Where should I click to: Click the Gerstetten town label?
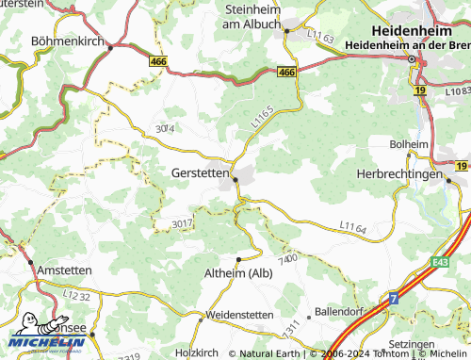point(200,173)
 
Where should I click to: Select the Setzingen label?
point(439,345)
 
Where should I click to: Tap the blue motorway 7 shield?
point(395,298)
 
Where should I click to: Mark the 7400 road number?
point(288,258)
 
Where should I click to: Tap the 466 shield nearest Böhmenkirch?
point(159,59)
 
